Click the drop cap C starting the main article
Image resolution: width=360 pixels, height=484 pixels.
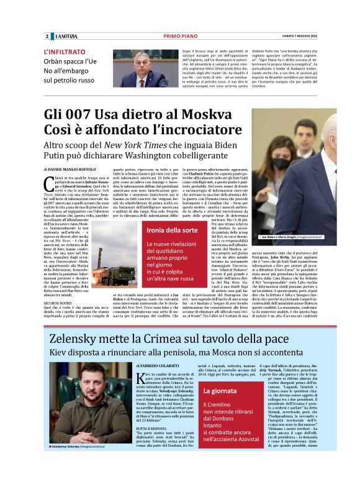(49, 181)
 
